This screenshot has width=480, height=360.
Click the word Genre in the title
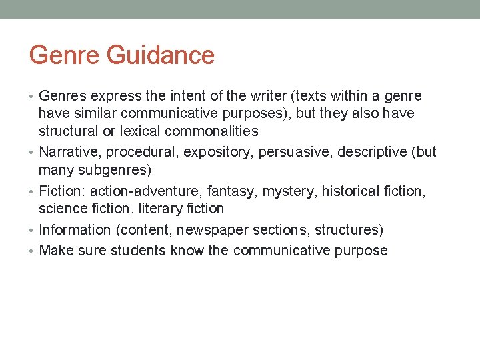click(63, 55)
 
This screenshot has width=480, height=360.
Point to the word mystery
click(289, 191)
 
